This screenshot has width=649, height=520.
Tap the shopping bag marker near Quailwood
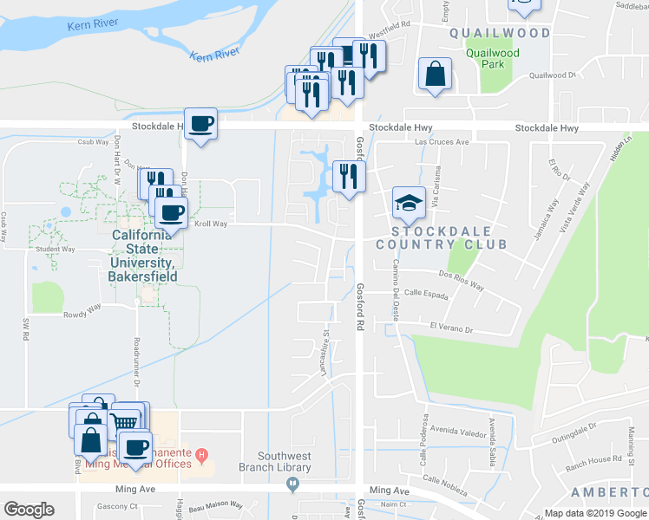pyautogui.click(x=435, y=75)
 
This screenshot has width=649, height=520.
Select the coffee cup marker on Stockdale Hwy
pyautogui.click(x=200, y=125)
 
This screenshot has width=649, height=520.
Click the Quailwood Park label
pyautogui.click(x=492, y=58)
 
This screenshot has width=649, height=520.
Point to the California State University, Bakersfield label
pyautogui.click(x=145, y=256)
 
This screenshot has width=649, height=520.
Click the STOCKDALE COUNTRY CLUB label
pyautogui.click(x=441, y=237)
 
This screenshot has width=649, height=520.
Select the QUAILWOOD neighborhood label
pyautogui.click(x=500, y=33)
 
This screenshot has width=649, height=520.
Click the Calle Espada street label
pyautogui.click(x=424, y=294)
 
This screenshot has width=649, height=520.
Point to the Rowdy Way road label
pyautogui.click(x=82, y=307)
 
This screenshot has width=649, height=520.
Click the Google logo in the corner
pyautogui.click(x=29, y=509)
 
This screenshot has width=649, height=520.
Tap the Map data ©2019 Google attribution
pyautogui.click(x=594, y=513)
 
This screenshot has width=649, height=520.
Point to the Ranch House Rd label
pyautogui.click(x=593, y=460)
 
